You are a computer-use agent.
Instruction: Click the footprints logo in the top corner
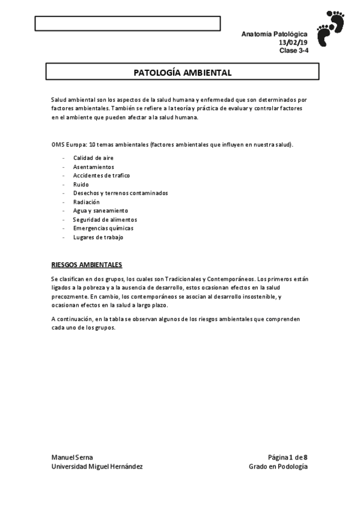tap(330, 28)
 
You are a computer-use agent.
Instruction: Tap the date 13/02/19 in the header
tap(293, 43)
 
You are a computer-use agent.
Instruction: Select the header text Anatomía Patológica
tap(274, 35)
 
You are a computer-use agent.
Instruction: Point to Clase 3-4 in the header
tap(293, 51)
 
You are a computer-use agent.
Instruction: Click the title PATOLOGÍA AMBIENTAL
tap(182, 72)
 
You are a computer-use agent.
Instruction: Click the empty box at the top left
tap(127, 23)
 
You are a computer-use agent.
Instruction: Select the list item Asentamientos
tap(93, 167)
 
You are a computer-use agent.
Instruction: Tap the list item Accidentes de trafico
tap(101, 176)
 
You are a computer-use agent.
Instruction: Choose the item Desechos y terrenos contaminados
tap(120, 193)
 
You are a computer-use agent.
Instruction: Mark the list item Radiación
tap(86, 202)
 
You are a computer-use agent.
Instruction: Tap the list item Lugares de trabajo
tap(98, 238)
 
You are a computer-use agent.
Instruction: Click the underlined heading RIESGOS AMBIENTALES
tap(87, 264)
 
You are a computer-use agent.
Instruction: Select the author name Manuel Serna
tap(72, 458)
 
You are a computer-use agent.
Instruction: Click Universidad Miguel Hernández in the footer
tap(97, 467)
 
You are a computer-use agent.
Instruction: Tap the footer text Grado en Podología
tap(278, 467)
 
